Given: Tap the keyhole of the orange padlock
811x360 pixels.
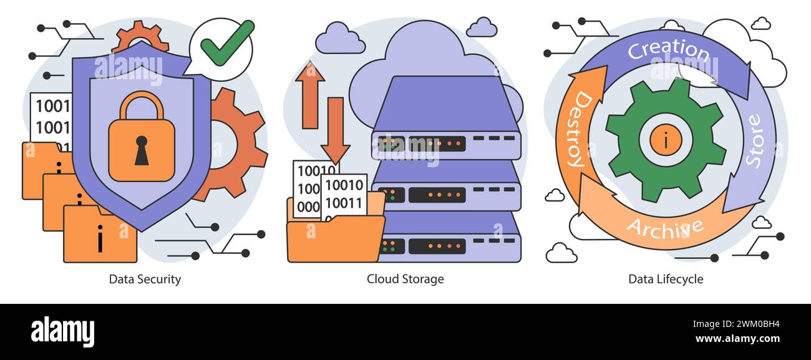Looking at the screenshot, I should [142, 150].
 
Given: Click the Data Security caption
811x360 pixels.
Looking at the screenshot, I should [145, 279].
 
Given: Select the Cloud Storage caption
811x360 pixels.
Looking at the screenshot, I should [405, 279].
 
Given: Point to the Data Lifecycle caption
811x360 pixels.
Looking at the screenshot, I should [665, 279].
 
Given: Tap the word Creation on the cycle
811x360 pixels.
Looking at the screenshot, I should [668, 50].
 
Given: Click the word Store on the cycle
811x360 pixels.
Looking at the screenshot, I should [754, 140].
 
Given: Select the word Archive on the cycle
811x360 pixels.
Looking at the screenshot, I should [664, 228].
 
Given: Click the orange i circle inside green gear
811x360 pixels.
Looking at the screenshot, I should [665, 140].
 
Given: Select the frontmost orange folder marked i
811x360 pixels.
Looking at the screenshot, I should [100, 236].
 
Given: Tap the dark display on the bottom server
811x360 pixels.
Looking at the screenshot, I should [437, 246].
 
